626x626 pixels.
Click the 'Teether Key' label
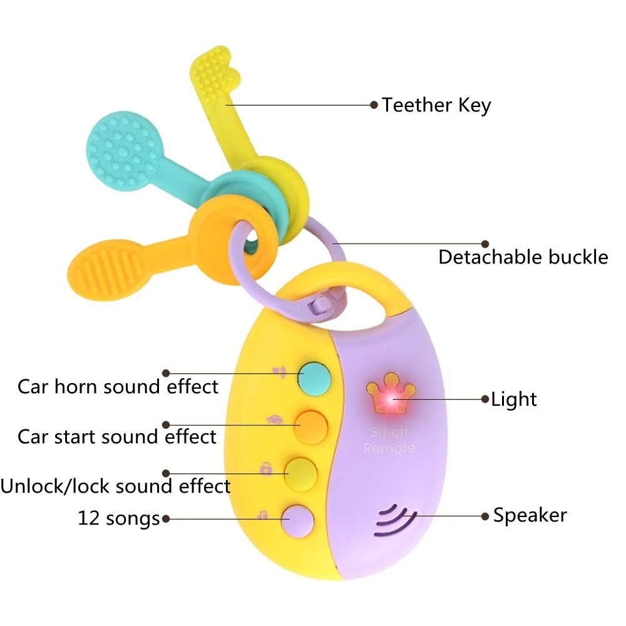coord(436,105)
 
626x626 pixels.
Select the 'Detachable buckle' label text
coord(523,257)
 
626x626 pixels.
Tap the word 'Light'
coord(513,399)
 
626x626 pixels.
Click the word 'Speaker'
coord(530,515)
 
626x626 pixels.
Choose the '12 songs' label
coord(119,518)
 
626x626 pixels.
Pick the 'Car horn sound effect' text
coord(118,386)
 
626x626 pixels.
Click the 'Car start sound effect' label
coord(117,436)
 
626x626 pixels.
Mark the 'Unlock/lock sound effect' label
coord(115,486)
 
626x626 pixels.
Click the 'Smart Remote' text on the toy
coord(389,440)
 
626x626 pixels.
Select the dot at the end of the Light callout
coord(484,399)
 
